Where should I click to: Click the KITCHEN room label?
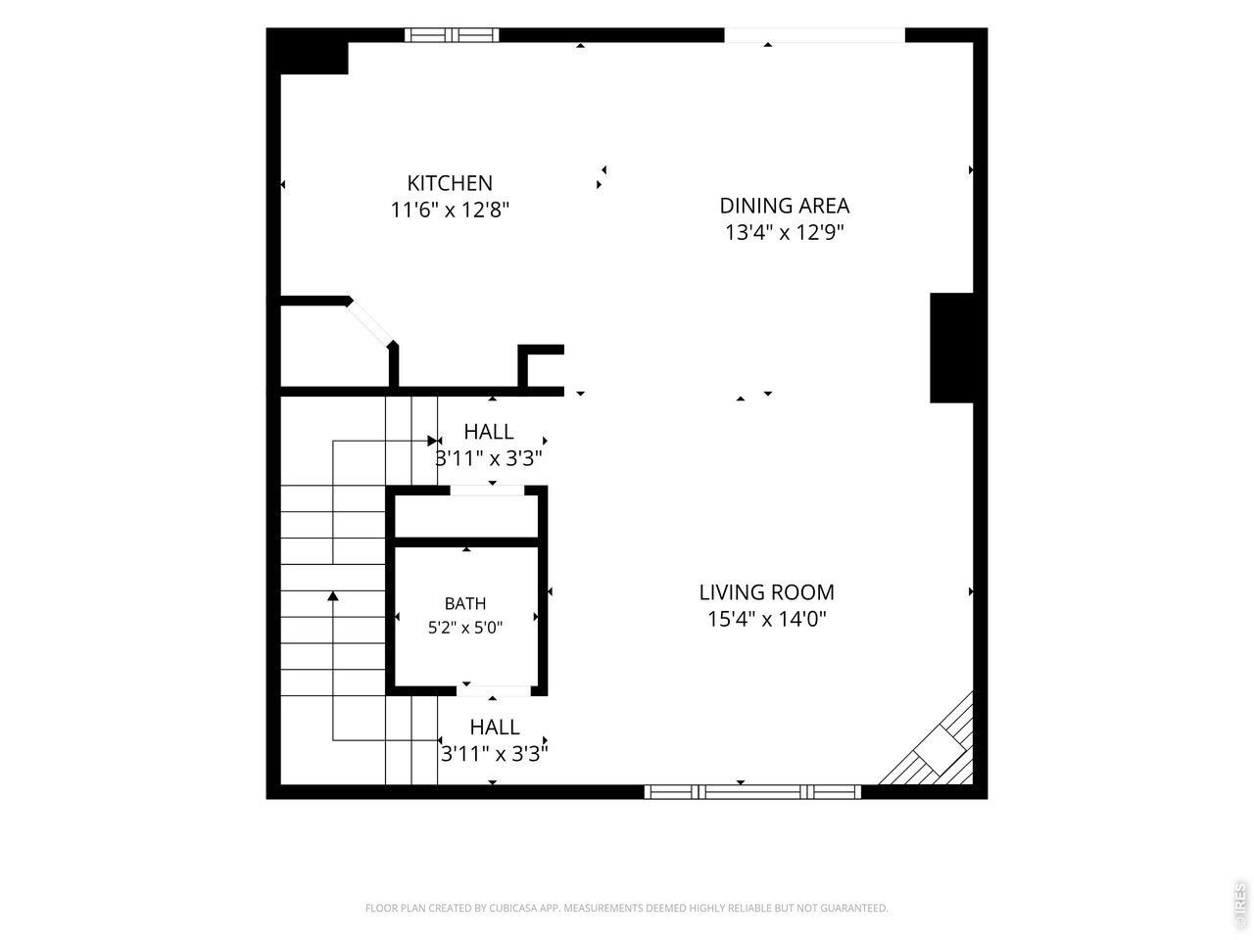[450, 183]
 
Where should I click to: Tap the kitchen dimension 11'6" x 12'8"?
[450, 210]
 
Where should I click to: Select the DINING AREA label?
[785, 206]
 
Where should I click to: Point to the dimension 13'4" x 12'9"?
[785, 233]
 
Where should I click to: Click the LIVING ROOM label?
[767, 592]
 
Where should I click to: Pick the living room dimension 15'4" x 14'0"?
[767, 619]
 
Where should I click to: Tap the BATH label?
[465, 603]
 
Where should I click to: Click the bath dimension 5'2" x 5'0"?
[465, 628]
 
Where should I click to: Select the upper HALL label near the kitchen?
[489, 432]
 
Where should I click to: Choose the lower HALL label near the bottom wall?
[495, 728]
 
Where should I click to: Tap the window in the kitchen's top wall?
[452, 35]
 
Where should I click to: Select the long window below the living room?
[752, 791]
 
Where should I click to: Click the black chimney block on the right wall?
[951, 349]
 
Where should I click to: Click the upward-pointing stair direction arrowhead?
[333, 596]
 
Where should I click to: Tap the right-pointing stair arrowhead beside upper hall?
[432, 441]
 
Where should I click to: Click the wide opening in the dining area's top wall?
[815, 35]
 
